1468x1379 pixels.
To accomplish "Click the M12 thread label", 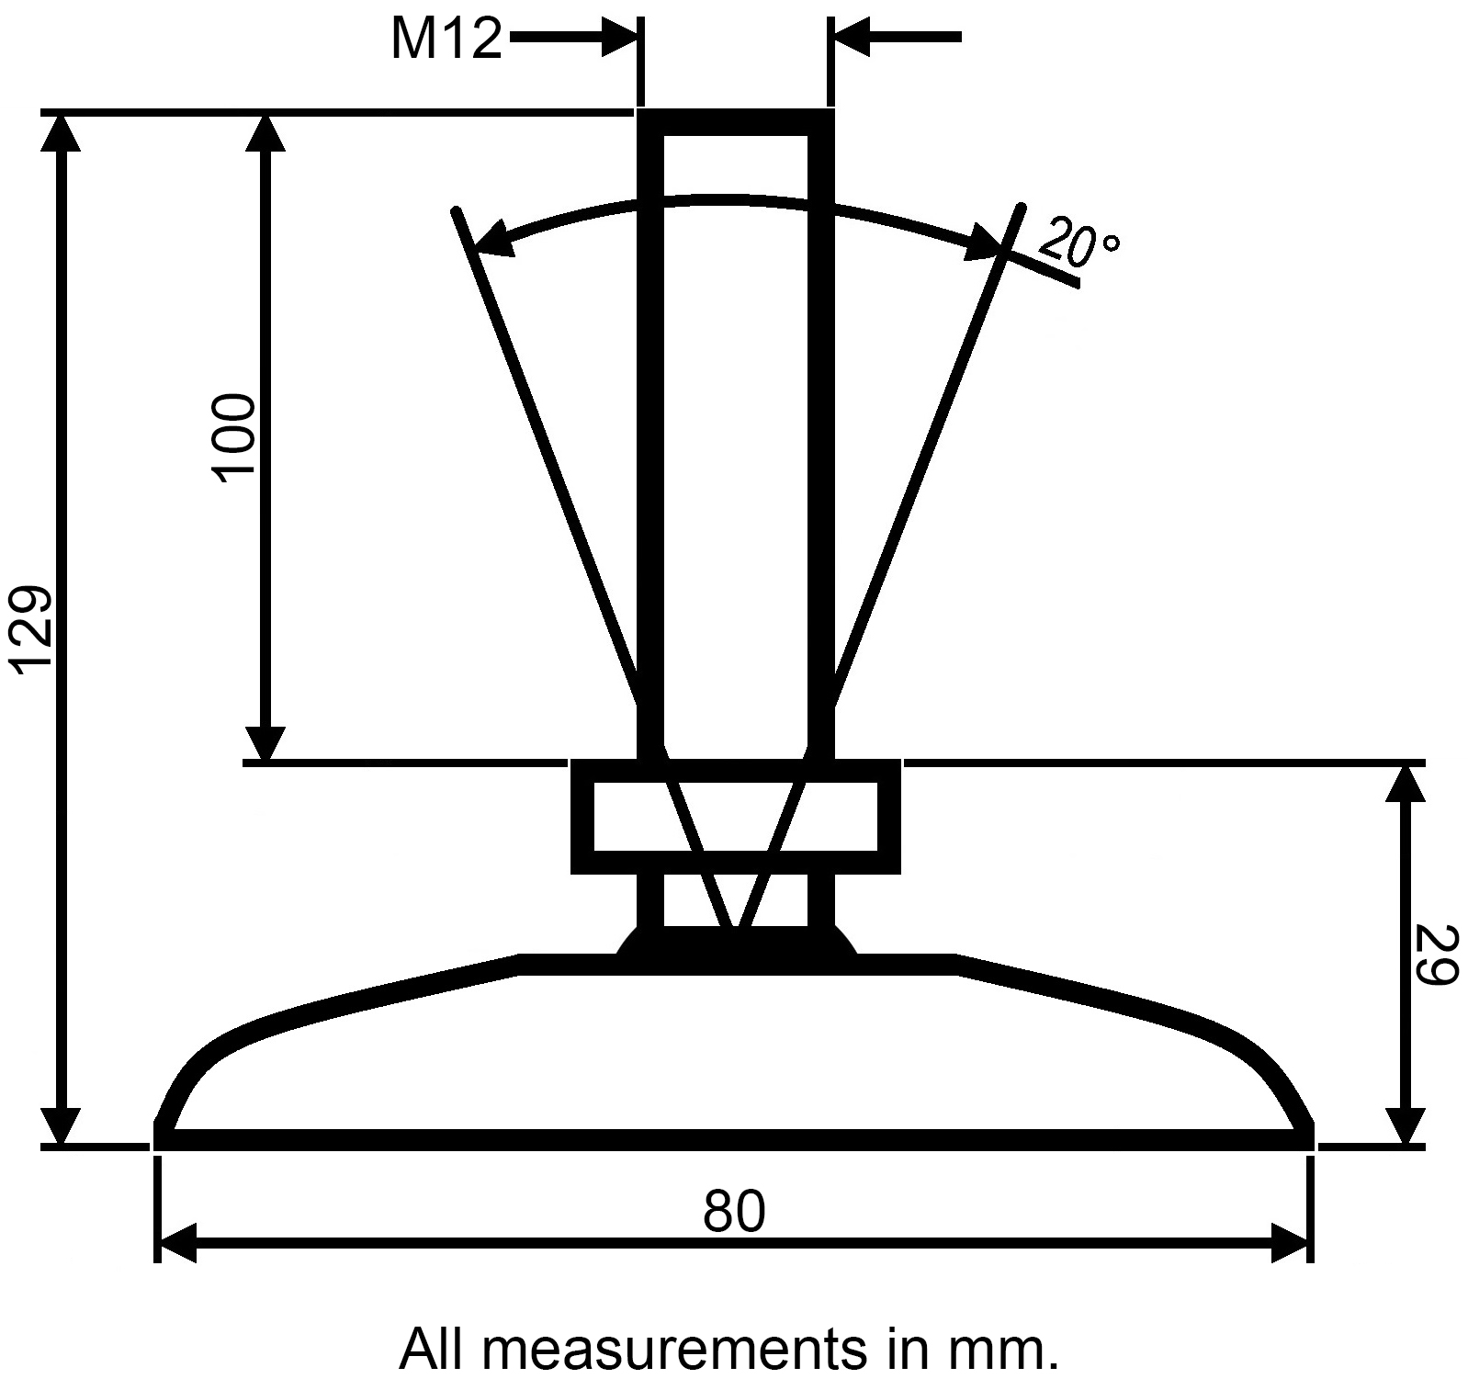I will [446, 40].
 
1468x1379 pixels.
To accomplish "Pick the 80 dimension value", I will [734, 1212].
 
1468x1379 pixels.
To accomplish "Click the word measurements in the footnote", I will [672, 1349].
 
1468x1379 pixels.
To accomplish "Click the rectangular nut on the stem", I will [735, 816].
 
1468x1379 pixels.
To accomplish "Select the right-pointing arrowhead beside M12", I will [619, 39].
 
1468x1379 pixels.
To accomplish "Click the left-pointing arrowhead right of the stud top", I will [850, 39].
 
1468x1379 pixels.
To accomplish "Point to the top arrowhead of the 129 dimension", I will [62, 134].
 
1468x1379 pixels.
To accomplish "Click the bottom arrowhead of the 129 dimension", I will [62, 1125].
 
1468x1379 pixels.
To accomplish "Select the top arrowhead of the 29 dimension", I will [1402, 784].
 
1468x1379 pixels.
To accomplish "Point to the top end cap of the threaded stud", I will [735, 122].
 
